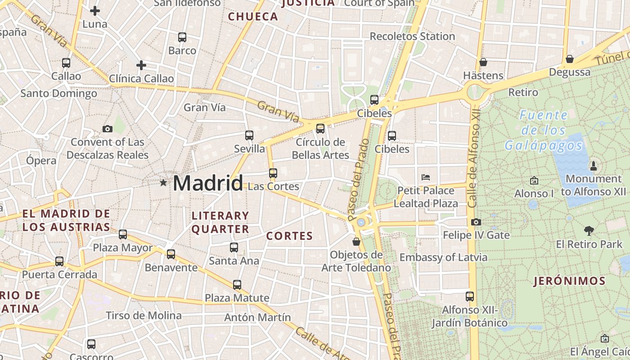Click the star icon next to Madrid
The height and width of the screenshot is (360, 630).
163,183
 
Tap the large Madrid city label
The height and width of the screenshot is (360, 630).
207,183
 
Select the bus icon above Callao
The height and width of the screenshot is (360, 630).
66,63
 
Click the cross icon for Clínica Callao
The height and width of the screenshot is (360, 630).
141,66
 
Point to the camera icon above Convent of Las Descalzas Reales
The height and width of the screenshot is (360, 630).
107,129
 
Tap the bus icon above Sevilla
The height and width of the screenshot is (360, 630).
249,135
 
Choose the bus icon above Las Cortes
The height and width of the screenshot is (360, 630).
273,173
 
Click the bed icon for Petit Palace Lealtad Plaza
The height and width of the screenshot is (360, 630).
426,177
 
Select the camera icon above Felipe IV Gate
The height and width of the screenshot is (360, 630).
476,222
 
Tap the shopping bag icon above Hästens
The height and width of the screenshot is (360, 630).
483,62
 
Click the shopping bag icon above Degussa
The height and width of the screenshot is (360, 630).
570,59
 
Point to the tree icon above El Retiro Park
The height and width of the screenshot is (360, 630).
589,231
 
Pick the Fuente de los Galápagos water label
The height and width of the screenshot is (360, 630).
544,130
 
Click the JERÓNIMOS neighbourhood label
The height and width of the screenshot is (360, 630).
569,281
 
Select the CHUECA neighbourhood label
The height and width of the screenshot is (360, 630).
253,17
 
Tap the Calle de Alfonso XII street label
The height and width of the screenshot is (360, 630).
473,157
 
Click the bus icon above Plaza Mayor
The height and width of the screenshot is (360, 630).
123,234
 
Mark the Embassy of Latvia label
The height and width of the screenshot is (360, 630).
443,257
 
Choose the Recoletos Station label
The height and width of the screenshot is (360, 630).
412,36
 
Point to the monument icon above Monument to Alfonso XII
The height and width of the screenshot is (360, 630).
593,166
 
